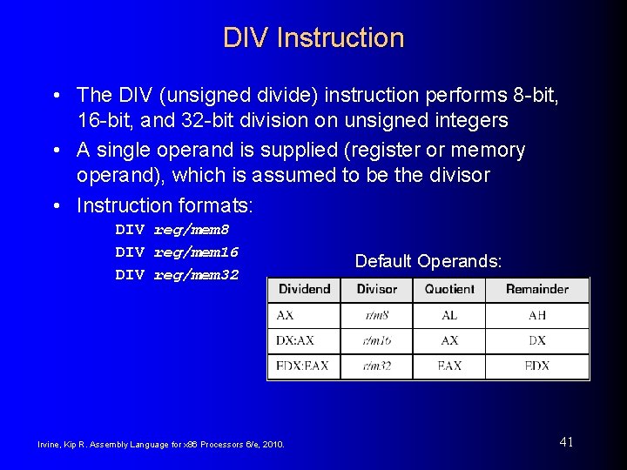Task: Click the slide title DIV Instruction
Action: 313,38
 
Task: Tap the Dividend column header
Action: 304,289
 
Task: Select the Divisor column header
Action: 377,289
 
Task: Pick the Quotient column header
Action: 449,289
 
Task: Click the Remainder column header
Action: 536,289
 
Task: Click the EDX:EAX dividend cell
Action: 303,366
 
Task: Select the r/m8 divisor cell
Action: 377,316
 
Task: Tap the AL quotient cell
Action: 449,316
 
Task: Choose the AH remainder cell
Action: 536,316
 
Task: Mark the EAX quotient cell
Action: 449,366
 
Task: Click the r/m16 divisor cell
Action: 377,341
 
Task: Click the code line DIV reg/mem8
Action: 172,230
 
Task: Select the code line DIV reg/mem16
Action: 177,252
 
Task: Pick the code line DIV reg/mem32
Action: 177,275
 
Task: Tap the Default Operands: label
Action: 428,261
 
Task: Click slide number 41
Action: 566,442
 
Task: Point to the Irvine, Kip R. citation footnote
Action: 160,445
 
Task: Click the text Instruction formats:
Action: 165,205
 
